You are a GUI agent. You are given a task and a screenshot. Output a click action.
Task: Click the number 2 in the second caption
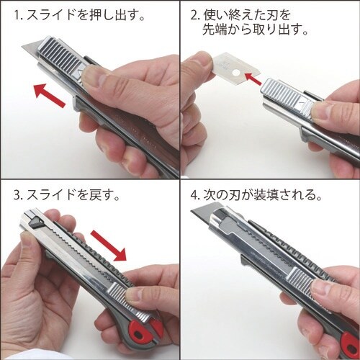point(195,15)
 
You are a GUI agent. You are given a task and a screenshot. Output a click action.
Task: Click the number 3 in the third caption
point(15,195)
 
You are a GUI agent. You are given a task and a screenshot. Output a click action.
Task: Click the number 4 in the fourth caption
point(195,195)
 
